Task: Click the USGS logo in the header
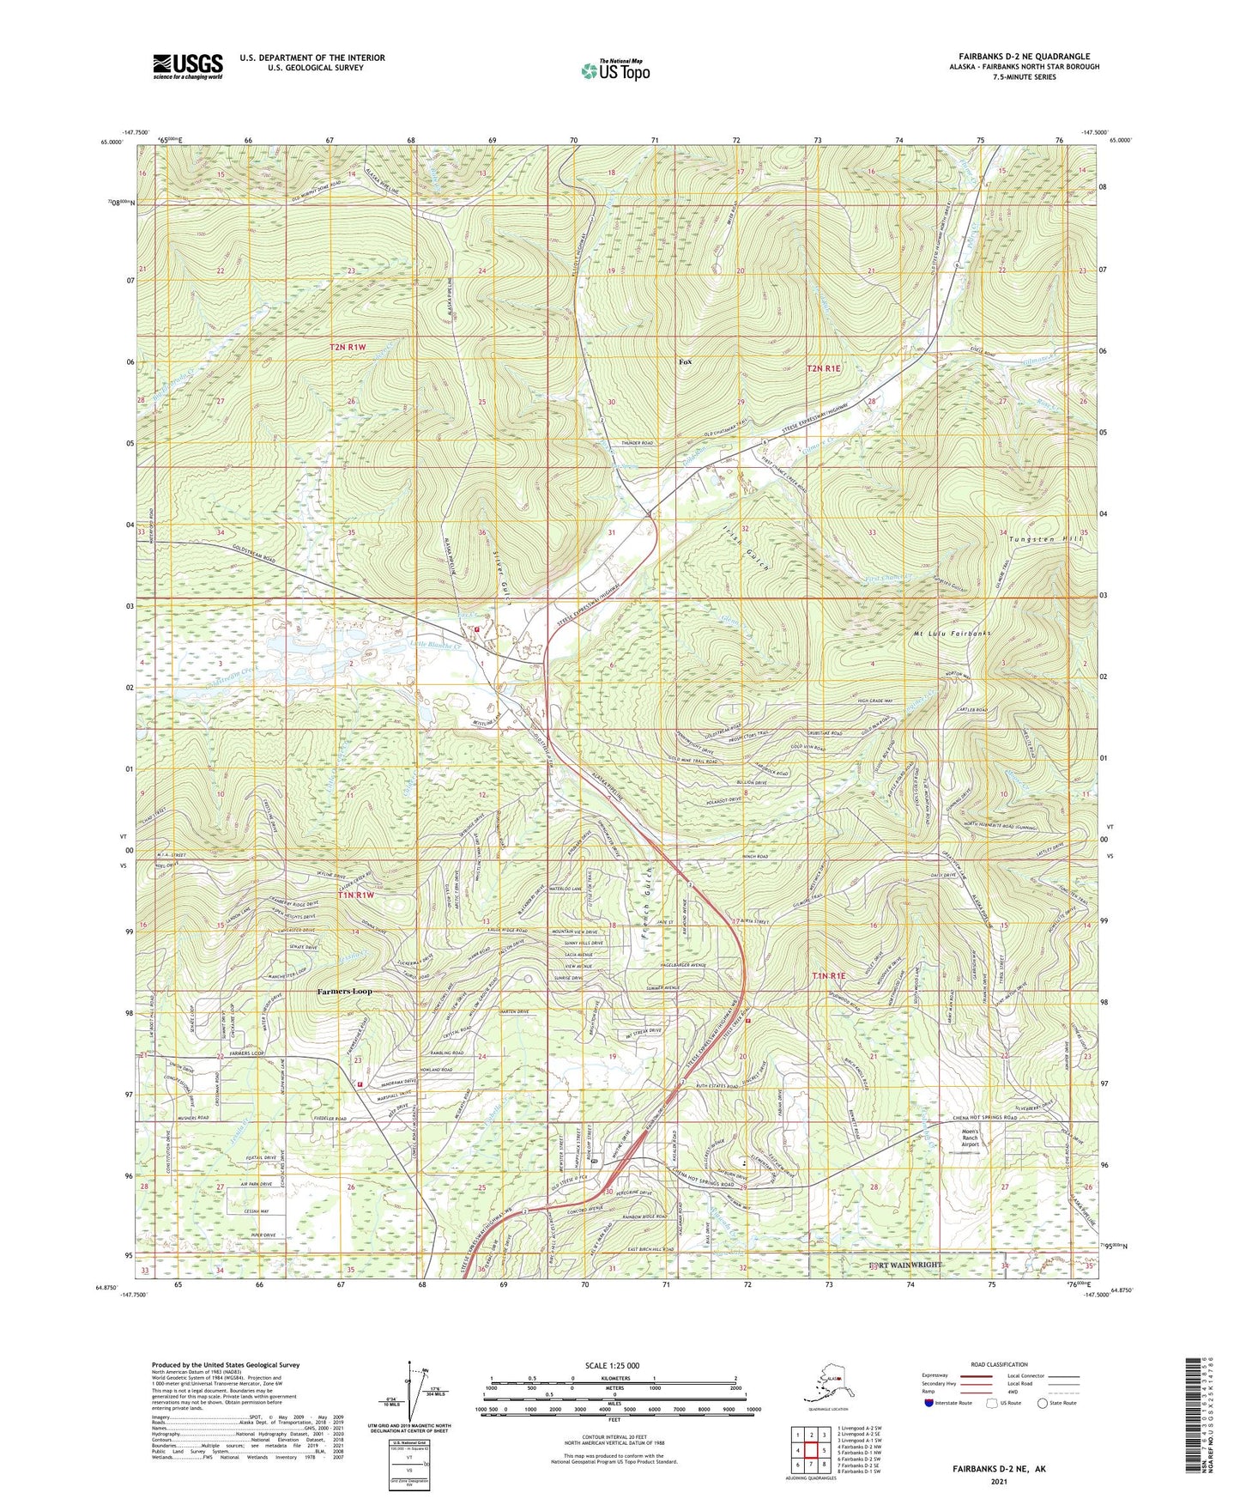click(188, 66)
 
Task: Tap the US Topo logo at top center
click(614, 70)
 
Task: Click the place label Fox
click(685, 362)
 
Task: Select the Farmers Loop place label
click(345, 992)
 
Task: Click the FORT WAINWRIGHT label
click(905, 1265)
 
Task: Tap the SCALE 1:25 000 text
click(613, 1366)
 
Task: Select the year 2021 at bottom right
click(999, 1481)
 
